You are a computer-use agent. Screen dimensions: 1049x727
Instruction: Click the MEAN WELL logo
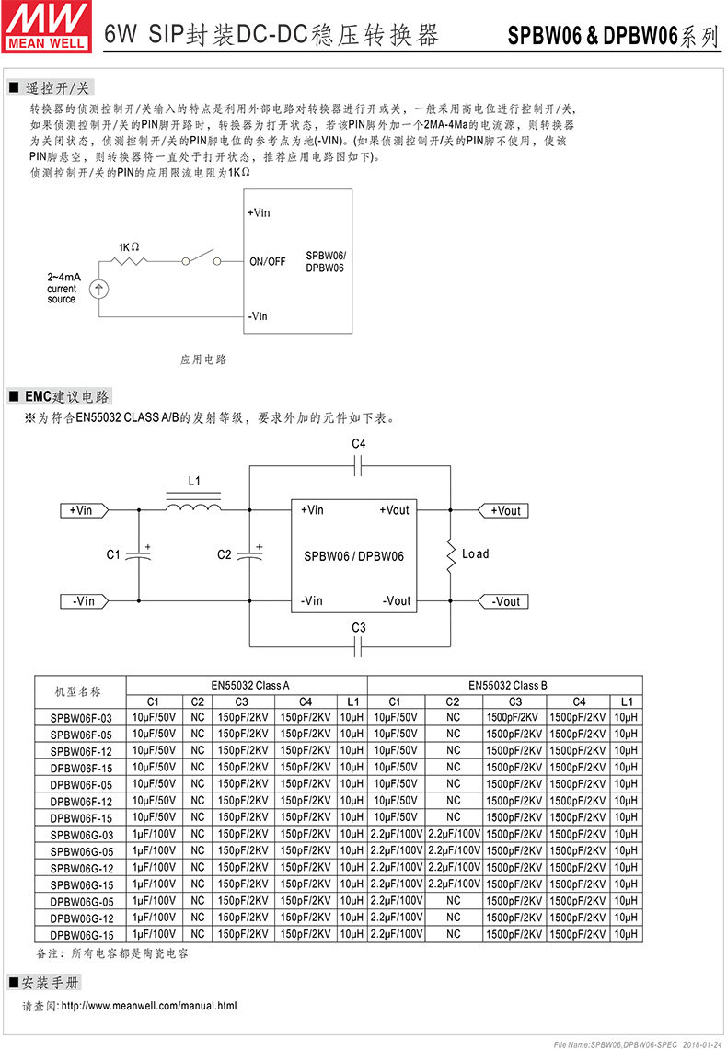coord(47,25)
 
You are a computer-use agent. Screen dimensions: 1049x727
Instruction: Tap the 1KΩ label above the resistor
coord(129,247)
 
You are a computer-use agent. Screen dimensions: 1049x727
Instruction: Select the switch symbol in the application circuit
coord(202,258)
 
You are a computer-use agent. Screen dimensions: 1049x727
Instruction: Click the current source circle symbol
coord(98,289)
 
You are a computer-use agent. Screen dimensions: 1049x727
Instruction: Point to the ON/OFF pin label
coord(268,261)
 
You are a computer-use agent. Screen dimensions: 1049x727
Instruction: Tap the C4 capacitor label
coord(359,444)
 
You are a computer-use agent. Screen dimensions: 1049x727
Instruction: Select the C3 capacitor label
coord(359,627)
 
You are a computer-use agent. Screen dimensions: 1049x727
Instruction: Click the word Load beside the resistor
coord(475,553)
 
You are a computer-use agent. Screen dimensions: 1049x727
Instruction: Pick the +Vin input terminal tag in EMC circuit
coord(85,510)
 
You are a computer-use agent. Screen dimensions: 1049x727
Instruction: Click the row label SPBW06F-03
coord(81,717)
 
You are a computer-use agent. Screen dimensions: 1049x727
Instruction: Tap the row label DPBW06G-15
coord(81,934)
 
